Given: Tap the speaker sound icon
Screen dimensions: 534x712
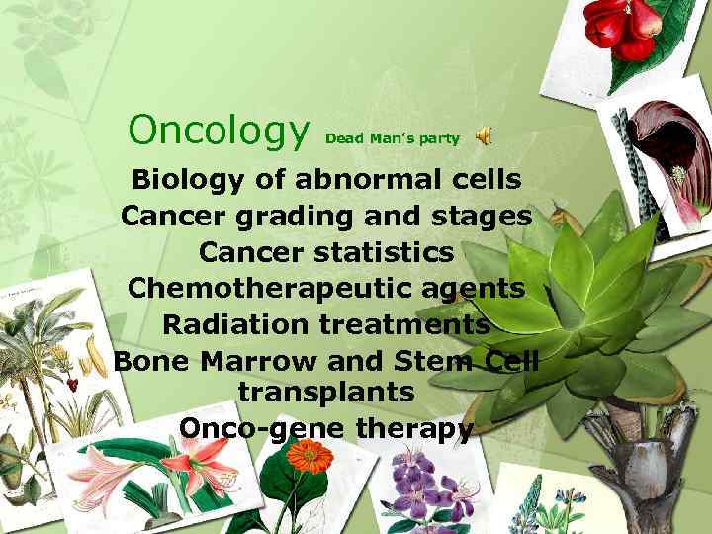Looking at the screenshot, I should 484,137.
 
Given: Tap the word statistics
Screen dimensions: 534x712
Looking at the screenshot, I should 384,251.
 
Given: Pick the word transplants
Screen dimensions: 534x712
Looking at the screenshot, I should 326,392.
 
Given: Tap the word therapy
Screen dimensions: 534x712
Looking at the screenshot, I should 416,428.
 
